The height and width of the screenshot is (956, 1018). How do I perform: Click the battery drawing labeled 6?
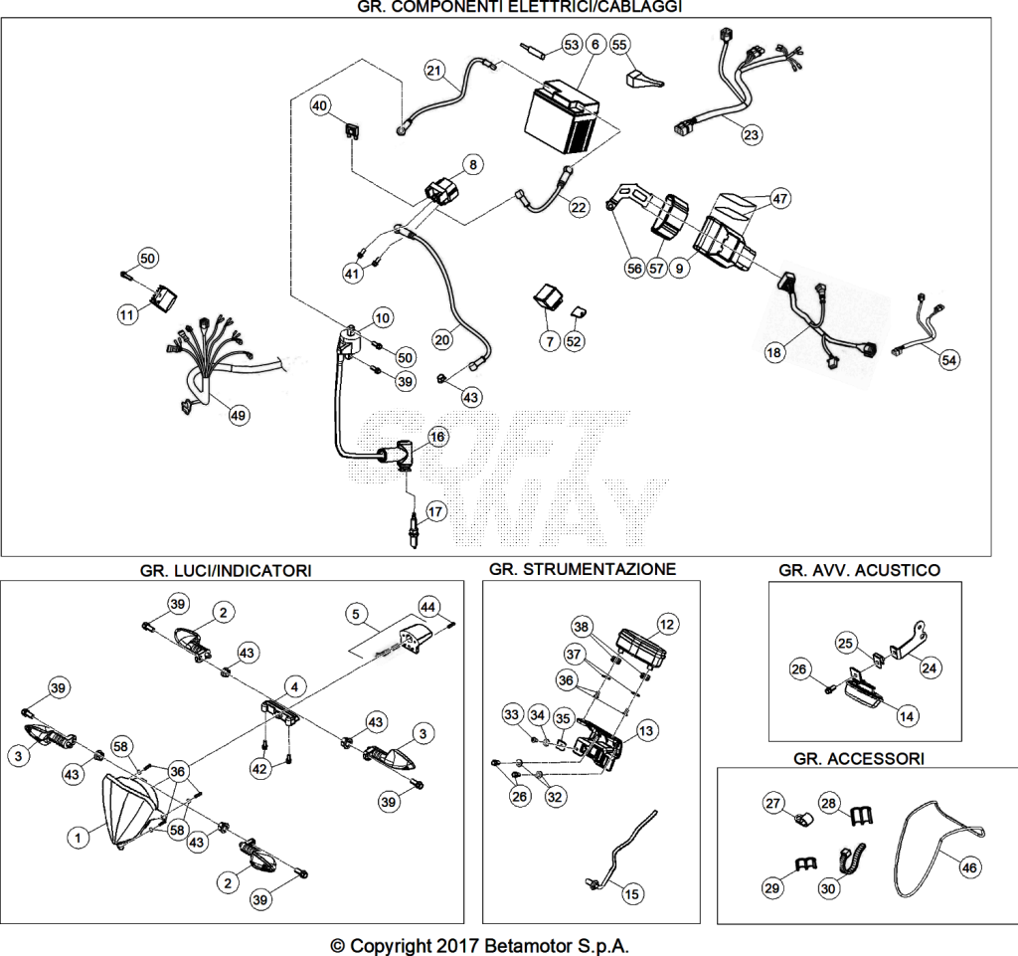click(x=563, y=117)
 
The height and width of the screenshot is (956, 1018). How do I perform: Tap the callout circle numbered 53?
click(x=572, y=45)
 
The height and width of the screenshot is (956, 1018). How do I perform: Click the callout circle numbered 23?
click(x=751, y=135)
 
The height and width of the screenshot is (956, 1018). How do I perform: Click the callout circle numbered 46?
click(x=968, y=867)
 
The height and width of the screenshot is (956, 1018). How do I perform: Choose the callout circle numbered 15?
click(x=631, y=894)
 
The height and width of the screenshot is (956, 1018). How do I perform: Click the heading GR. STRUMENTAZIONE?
click(x=583, y=570)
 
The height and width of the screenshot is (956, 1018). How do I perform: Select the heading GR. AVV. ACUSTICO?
click(x=860, y=570)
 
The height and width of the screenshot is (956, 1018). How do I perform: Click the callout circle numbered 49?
click(x=239, y=416)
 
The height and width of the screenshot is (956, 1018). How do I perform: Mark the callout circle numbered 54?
click(x=948, y=360)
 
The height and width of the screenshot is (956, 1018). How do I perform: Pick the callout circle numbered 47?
click(x=779, y=198)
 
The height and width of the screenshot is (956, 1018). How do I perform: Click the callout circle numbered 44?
click(x=427, y=607)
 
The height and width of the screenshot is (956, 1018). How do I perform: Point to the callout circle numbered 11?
click(x=126, y=315)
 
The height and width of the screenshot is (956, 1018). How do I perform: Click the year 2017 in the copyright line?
click(x=457, y=946)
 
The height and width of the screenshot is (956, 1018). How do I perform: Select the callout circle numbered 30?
click(x=828, y=887)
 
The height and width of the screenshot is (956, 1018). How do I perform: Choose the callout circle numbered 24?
click(x=930, y=668)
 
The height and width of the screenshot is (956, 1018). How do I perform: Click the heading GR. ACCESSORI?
click(x=859, y=759)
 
